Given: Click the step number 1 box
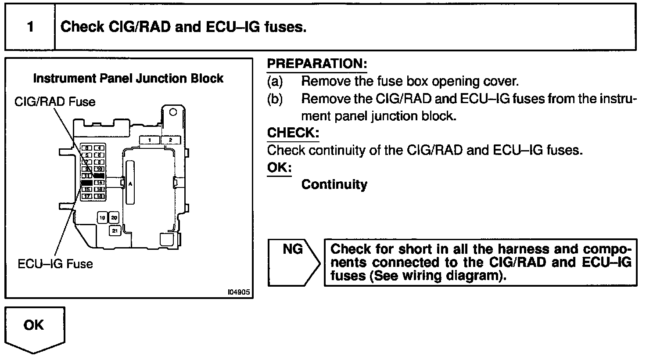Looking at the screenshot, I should [x=30, y=27].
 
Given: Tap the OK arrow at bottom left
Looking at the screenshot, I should [x=35, y=328].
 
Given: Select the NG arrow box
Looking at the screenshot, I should [x=294, y=263].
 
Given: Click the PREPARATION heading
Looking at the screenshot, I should [x=317, y=64].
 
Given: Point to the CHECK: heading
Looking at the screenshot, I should [x=293, y=133].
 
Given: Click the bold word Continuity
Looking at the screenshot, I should [x=334, y=184].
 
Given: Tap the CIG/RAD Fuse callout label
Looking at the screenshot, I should [x=55, y=102].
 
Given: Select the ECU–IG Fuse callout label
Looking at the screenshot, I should [x=55, y=264].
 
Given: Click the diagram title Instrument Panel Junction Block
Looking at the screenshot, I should [x=128, y=79].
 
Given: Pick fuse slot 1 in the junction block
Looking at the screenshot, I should [x=150, y=140].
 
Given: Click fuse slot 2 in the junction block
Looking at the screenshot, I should [x=171, y=140].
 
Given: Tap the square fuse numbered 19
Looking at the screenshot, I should [x=102, y=218].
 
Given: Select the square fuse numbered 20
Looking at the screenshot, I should [x=114, y=218].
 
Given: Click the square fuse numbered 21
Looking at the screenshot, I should [x=115, y=230].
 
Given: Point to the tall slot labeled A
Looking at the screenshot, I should [x=130, y=183].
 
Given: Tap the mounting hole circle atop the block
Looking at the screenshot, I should [x=173, y=112].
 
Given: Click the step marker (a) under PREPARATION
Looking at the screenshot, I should [x=275, y=82].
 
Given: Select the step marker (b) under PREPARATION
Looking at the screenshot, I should [x=275, y=99].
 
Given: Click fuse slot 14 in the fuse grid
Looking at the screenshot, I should [x=100, y=182].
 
